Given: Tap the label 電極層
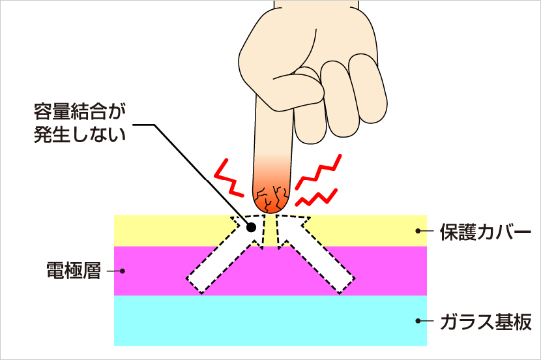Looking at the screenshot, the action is [x=74, y=270].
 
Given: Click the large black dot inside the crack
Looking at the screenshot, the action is [x=251, y=228].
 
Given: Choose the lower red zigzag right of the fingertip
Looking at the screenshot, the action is [x=317, y=198].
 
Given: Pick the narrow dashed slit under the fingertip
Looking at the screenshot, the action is [x=270, y=230].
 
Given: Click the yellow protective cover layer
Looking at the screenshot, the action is [x=163, y=230].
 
